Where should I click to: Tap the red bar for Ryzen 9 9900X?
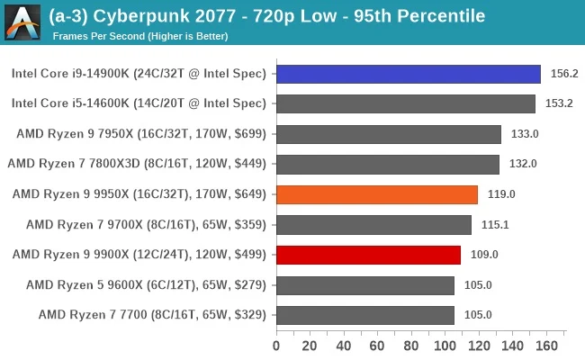[368, 255]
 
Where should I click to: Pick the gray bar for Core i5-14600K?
[405, 103]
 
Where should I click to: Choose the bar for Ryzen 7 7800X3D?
[387, 164]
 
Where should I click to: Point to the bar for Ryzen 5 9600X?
[364, 285]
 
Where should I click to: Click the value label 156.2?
[563, 74]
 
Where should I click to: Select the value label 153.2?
[558, 103]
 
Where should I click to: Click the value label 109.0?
[483, 255]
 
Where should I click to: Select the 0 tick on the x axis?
[276, 345]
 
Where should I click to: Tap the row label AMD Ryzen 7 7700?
[152, 315]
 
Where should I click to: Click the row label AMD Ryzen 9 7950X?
[141, 134]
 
